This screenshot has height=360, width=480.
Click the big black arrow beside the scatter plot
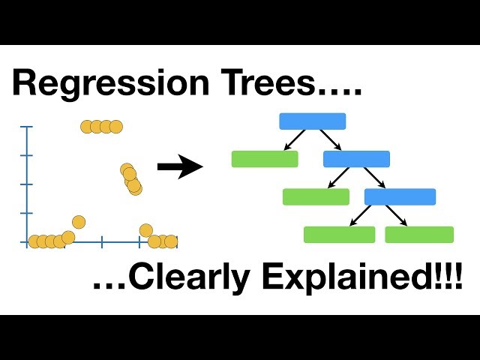[x=180, y=166]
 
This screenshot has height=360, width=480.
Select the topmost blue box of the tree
[x=312, y=121]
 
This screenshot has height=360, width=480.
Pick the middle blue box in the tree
[x=356, y=159]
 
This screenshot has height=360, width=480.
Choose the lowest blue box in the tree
[x=400, y=196]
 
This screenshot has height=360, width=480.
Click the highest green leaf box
[x=265, y=159]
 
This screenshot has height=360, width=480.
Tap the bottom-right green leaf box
[x=419, y=235]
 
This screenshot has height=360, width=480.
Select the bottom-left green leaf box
[x=339, y=235]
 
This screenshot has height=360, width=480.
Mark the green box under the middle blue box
[x=316, y=196]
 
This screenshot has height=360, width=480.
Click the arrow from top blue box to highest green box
[x=294, y=140]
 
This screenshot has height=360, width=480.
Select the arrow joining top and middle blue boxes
[x=330, y=140]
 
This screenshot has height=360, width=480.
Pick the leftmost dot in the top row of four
[x=88, y=126]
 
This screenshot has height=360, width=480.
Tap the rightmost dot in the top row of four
[x=115, y=126]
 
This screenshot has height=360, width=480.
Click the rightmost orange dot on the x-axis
[x=171, y=241]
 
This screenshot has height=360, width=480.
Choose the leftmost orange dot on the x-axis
[x=34, y=241]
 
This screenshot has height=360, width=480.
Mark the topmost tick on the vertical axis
[x=27, y=127]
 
